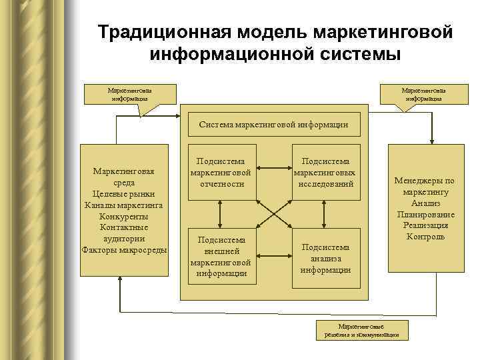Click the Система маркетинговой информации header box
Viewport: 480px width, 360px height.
pyautogui.click(x=274, y=125)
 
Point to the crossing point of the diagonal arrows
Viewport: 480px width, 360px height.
pyautogui.click(x=273, y=214)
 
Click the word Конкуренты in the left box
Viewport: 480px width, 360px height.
pyautogui.click(x=124, y=216)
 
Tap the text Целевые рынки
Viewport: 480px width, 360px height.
pyautogui.click(x=124, y=193)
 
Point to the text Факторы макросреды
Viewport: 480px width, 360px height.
pyautogui.click(x=124, y=249)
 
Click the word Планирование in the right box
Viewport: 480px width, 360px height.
pyautogui.click(x=425, y=214)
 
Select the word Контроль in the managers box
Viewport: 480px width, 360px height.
pyautogui.click(x=425, y=236)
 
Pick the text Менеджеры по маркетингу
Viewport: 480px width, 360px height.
pyautogui.click(x=425, y=186)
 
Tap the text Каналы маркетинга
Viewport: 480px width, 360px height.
pyautogui.click(x=124, y=205)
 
